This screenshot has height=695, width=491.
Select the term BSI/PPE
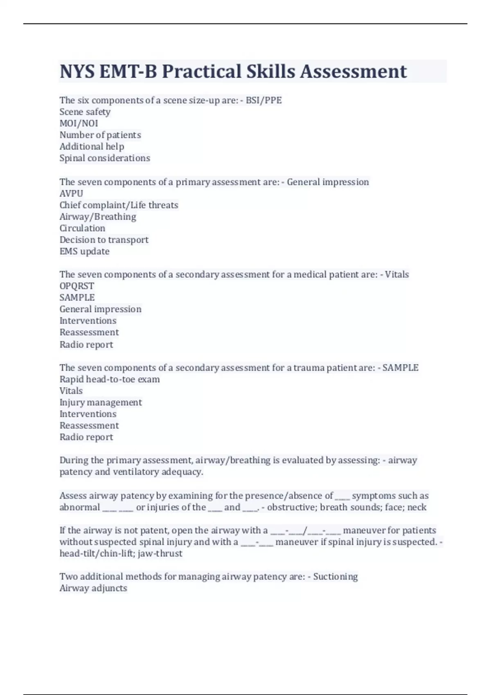pos(264,100)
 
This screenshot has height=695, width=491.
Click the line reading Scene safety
pos(85,112)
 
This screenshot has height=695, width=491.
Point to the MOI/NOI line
pos(79,123)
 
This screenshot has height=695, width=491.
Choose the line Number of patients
pos(100,135)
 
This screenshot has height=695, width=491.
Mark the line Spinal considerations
pos(105,158)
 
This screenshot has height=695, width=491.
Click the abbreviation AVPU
pos(71,193)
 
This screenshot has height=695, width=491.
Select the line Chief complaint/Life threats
pos(119,205)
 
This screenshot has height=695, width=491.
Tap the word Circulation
pos(82,228)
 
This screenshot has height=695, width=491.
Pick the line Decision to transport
pos(104,240)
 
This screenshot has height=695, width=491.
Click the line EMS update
pos(84,251)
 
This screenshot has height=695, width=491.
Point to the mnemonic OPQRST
pos(77,286)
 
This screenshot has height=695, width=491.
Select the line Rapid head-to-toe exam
pos(110,379)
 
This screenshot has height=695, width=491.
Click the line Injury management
pos(101,402)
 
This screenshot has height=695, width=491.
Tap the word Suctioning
pos(335,576)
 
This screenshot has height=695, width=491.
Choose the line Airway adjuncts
pos(93,588)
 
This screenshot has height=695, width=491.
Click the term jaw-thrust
pos(160,554)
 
